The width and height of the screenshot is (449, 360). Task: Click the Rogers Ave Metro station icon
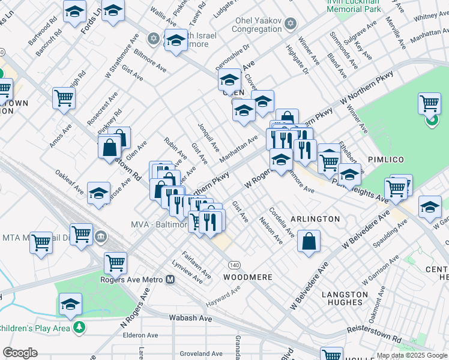(x=170, y=279)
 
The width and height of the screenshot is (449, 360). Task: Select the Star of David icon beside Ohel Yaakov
(x=291, y=24)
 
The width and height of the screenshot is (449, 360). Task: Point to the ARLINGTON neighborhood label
(x=315, y=219)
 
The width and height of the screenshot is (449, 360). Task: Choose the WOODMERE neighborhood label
(x=248, y=277)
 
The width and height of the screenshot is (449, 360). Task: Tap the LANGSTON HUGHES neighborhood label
(x=345, y=299)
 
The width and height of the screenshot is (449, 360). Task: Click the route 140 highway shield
(x=234, y=264)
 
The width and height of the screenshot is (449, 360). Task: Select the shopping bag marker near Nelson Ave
(x=309, y=241)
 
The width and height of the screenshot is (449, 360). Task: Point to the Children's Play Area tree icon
(x=78, y=328)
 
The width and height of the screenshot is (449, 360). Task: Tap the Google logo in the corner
(x=20, y=353)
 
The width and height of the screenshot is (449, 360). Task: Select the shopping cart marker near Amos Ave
(x=63, y=98)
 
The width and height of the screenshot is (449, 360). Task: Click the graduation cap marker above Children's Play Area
(x=70, y=304)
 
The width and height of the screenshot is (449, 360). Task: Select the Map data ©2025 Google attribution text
(x=411, y=355)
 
